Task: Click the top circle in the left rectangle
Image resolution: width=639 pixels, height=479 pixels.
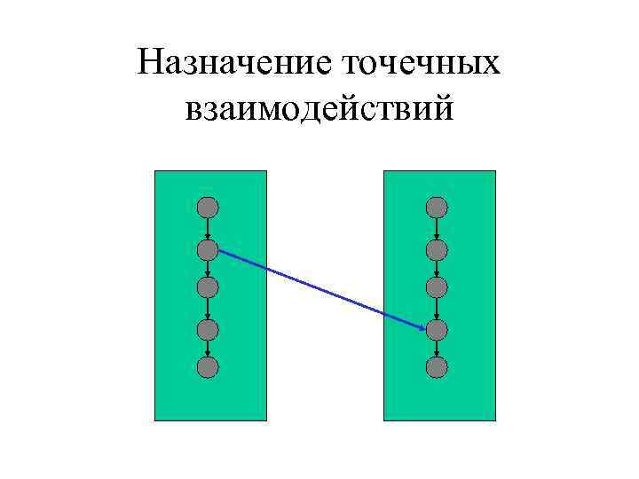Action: tap(207, 208)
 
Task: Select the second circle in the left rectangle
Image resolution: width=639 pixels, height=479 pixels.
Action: tap(207, 249)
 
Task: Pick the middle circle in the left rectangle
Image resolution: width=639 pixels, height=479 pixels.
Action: tap(207, 287)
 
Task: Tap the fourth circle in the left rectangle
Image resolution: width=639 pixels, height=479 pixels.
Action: tap(207, 329)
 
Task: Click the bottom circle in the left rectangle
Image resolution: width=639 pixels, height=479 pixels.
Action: tap(207, 366)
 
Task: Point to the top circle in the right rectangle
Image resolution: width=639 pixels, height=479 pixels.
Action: tap(436, 208)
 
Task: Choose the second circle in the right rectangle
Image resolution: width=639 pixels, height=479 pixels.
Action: tap(436, 249)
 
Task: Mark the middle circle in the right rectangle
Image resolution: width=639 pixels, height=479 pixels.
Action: tap(436, 287)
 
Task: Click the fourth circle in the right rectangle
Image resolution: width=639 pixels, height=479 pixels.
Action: tap(436, 329)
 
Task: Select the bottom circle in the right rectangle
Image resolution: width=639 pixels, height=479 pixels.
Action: tap(436, 366)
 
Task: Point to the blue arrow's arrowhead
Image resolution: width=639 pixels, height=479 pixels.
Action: tap(421, 326)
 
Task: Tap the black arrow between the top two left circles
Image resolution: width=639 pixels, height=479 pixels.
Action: tap(207, 229)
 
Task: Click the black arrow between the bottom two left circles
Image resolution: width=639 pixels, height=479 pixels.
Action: tap(207, 348)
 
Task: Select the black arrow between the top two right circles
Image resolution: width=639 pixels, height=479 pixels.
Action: tap(436, 229)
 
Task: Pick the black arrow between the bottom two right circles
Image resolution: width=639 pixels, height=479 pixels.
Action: tap(436, 348)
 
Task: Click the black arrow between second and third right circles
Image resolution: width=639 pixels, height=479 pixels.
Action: tap(436, 269)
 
